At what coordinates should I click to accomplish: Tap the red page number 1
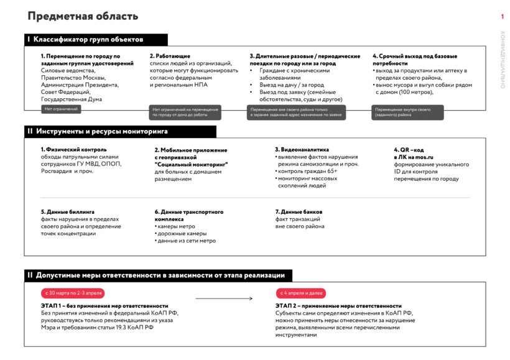coord(502,17)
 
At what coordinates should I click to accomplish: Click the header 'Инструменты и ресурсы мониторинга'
coord(101,132)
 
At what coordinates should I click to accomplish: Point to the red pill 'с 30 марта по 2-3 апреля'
coord(72,293)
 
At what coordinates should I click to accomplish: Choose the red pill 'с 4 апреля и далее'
coord(301,293)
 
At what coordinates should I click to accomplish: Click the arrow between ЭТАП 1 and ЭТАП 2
coord(224,299)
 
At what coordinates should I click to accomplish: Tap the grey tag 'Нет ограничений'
coord(62,109)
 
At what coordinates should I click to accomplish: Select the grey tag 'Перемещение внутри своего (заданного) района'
coord(407,113)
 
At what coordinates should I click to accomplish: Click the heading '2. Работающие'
coord(170,56)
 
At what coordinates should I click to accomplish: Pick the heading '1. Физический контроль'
coord(73,149)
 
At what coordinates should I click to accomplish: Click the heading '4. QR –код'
coord(408,149)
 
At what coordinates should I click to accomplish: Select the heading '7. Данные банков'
coord(299,212)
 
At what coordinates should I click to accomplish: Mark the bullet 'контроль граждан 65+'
coord(307,171)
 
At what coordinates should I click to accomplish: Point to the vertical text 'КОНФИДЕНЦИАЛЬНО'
coord(503,60)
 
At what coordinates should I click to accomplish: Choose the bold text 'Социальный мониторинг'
coord(192,164)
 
